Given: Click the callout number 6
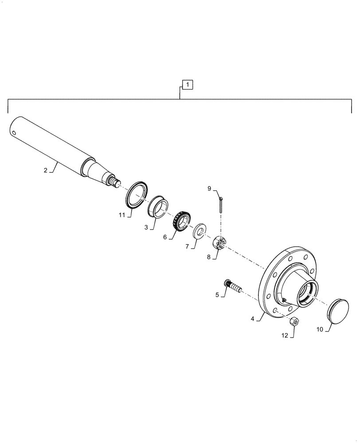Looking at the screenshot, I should click(165, 237).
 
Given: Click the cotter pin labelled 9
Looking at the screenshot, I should click(221, 204).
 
